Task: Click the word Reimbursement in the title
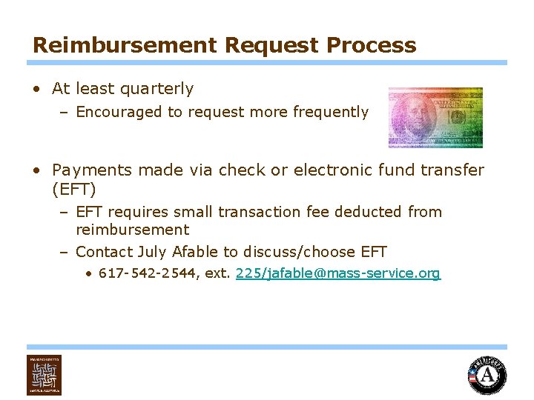pos(124,45)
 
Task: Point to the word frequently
pos(330,112)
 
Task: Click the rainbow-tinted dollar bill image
pos(435,117)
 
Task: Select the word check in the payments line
pos(239,170)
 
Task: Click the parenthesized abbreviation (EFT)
pos(74,189)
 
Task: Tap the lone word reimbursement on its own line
pos(133,230)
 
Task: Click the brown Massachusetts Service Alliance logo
pos(44,375)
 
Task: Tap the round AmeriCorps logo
pos(487,376)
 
